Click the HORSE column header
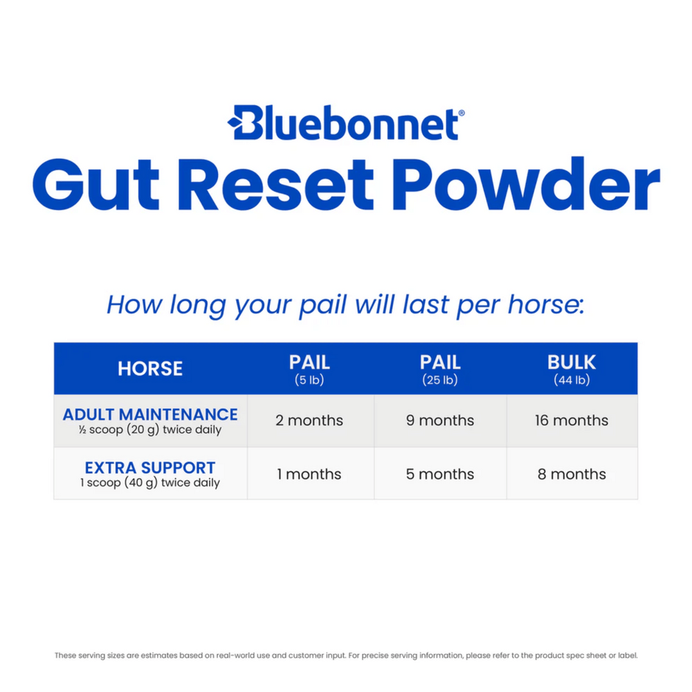point(150,368)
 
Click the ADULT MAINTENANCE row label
point(150,415)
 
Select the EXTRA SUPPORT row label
point(150,468)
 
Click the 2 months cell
point(309,421)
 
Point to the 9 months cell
point(440,421)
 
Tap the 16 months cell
point(572,421)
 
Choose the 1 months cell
point(309,475)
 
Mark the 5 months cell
point(440,475)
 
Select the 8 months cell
point(572,475)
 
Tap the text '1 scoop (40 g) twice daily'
point(149,483)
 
